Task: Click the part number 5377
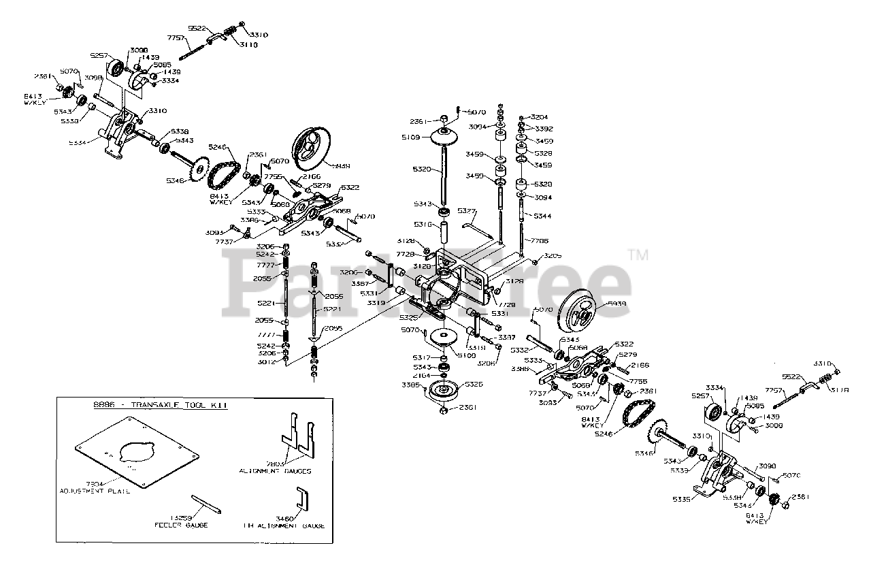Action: tap(467, 210)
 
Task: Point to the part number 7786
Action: tap(542, 240)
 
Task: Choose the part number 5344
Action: tap(543, 216)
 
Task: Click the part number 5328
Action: tap(543, 153)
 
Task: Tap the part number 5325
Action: tap(408, 317)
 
